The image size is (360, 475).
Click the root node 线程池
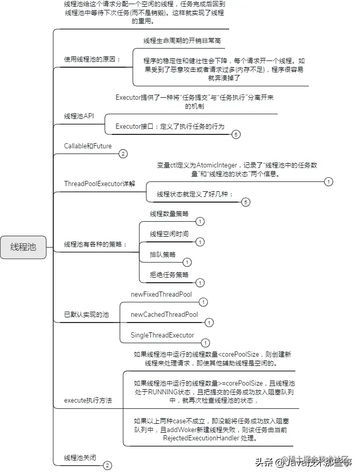click(24, 247)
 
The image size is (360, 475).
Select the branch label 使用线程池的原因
click(92, 59)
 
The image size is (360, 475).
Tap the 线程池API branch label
click(79, 116)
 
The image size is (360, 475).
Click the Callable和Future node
click(87, 146)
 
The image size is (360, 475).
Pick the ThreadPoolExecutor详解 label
click(99, 183)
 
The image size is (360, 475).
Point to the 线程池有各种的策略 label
click(95, 244)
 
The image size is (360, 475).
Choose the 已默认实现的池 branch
click(86, 314)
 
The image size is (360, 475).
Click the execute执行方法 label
click(88, 400)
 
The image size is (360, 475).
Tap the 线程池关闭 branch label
click(80, 457)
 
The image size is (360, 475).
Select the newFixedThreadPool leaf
click(161, 295)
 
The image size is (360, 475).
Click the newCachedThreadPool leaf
click(164, 314)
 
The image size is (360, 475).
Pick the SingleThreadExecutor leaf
click(162, 335)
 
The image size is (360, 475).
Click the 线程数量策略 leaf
click(169, 213)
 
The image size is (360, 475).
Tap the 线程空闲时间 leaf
click(169, 234)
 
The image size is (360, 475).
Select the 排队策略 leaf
click(162, 254)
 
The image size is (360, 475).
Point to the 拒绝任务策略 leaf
click(169, 274)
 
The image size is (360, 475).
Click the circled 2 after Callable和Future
click(123, 154)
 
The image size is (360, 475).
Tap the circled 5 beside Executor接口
click(236, 134)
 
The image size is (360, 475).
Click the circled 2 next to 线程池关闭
click(107, 466)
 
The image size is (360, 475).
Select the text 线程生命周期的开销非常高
click(184, 40)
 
